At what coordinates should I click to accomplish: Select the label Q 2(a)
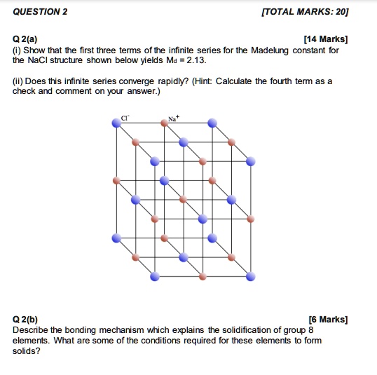(x=28, y=40)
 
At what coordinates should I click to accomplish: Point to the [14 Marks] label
(x=324, y=40)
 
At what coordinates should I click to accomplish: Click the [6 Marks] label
(x=327, y=320)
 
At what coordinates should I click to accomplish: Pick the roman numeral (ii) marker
(x=19, y=81)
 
